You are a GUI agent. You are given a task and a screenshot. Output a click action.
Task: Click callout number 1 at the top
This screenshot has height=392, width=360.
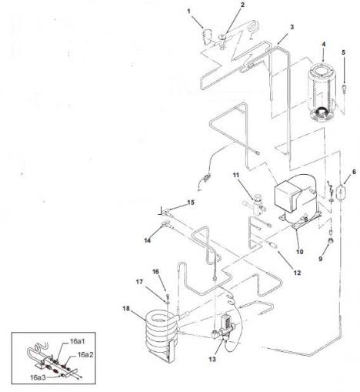coord(188,11)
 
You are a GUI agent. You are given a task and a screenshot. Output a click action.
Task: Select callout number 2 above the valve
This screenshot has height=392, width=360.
coord(221,5)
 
